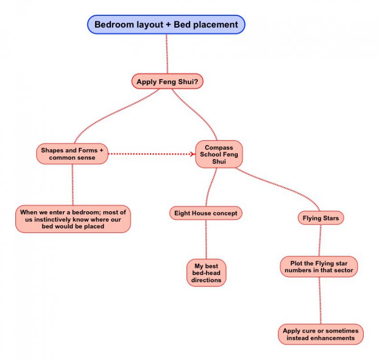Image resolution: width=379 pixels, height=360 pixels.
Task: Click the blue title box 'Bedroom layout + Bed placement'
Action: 166,24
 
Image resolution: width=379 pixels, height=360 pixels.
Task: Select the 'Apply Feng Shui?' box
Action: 167,82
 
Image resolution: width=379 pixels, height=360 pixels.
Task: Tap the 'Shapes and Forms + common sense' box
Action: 72,154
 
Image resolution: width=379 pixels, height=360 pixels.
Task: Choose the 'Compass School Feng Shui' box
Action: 219,154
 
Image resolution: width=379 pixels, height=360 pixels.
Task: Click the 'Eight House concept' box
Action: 205,213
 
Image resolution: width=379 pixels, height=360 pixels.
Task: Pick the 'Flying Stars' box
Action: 320,218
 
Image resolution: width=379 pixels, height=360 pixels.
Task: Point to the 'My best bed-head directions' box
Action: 206,273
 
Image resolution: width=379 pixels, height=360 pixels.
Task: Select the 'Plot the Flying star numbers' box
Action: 319,266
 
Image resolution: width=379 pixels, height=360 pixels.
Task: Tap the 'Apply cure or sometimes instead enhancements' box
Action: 320,334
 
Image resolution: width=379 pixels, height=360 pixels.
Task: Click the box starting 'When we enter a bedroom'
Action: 73,218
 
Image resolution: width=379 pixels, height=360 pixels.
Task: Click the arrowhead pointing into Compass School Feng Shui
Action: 193,154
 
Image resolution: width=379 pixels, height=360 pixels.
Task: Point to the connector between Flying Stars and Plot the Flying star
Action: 320,240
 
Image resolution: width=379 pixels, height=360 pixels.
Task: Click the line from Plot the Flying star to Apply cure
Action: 320,300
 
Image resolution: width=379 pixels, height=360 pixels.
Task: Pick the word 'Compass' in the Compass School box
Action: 219,147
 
